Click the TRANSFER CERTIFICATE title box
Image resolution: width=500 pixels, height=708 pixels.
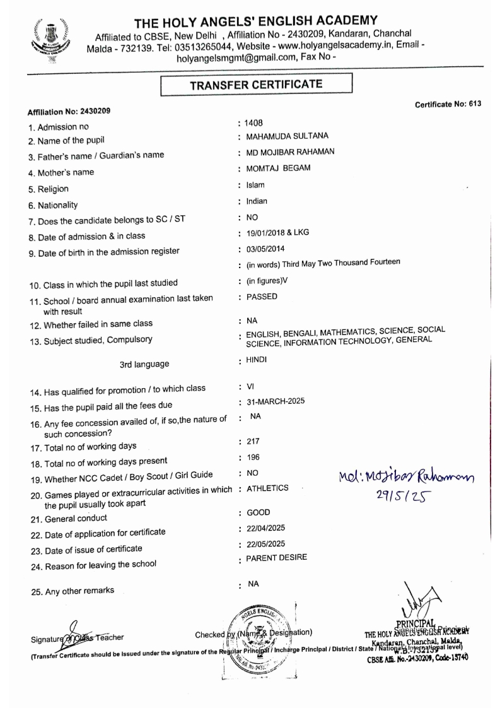(x=255, y=84)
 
